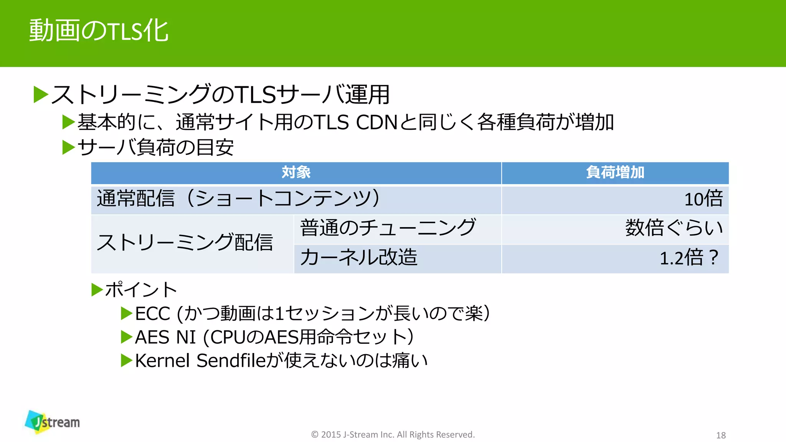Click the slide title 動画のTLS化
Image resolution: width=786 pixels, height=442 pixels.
[99, 31]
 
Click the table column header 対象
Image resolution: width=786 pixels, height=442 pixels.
[296, 173]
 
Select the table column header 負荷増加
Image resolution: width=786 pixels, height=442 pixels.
[615, 173]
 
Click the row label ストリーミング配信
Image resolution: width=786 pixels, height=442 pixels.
[185, 243]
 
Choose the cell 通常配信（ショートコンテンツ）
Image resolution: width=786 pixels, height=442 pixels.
[238, 199]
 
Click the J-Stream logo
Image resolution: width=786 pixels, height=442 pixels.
[53, 422]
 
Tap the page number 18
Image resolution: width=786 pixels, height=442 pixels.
[721, 435]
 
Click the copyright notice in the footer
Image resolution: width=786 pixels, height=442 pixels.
[393, 434]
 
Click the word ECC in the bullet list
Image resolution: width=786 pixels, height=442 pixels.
[152, 314]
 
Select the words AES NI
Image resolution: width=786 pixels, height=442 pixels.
[165, 338]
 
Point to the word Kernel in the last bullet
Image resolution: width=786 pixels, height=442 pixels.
[162, 361]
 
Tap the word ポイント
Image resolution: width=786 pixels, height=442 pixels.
[141, 290]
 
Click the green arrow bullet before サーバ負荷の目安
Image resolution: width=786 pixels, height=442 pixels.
[68, 147]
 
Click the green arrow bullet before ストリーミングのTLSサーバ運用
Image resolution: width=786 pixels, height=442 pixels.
[41, 95]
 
